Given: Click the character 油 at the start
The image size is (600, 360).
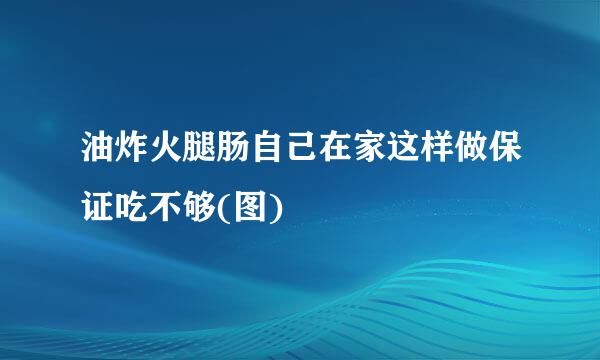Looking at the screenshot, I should (x=97, y=155).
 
